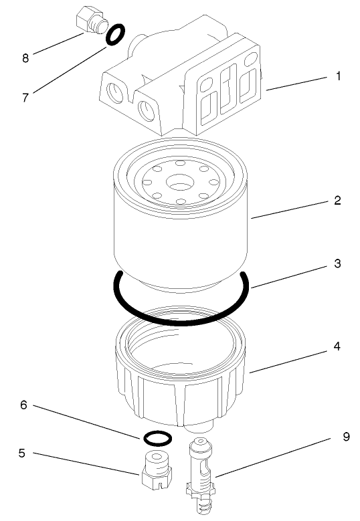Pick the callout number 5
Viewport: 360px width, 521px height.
22,452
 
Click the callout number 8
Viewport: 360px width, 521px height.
25,58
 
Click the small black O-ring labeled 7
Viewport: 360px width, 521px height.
114,35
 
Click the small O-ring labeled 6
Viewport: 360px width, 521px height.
157,438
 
